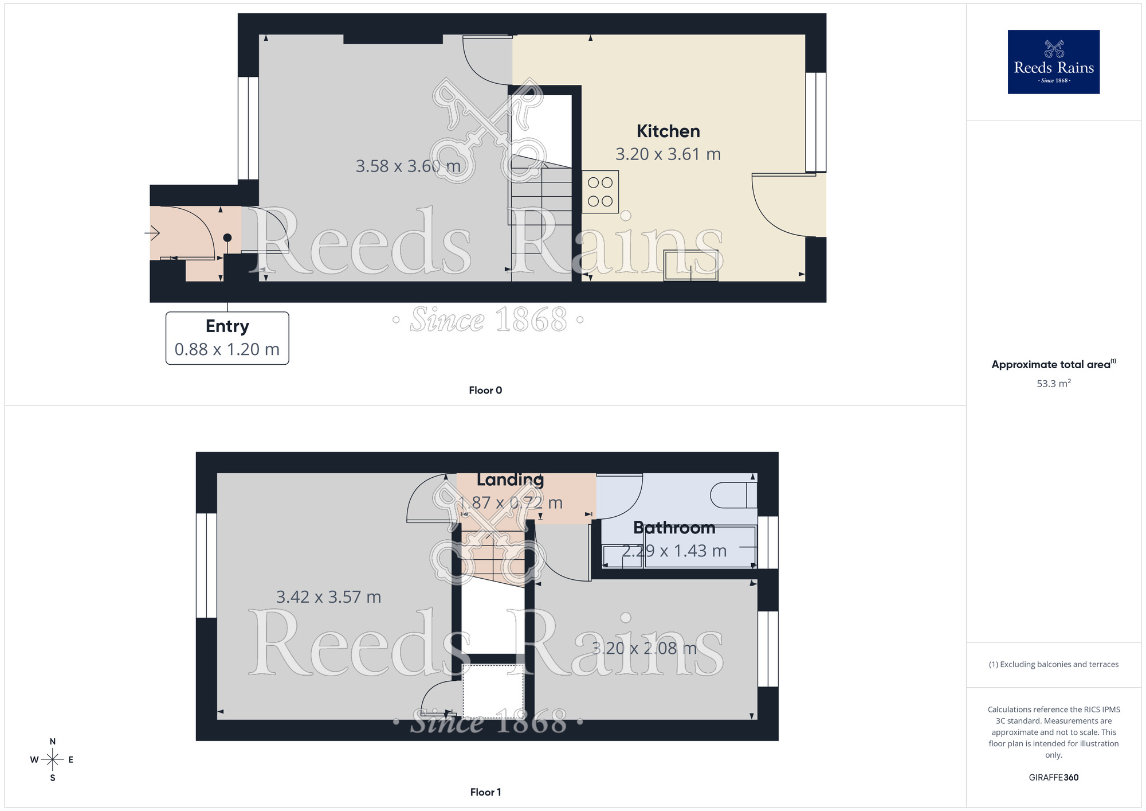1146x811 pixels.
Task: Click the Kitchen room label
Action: tap(668, 131)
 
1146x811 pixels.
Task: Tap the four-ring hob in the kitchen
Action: tap(600, 192)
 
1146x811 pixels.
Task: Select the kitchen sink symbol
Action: tap(690, 265)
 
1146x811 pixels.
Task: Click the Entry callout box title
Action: tap(227, 326)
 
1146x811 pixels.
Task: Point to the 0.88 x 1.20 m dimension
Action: tap(227, 349)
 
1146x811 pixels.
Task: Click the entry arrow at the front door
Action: tap(152, 233)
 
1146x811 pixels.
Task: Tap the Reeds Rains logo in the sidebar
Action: tap(1053, 62)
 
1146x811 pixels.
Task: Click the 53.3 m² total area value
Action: tap(1053, 383)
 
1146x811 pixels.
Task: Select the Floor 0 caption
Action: tap(485, 391)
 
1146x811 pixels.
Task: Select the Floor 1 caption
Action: tap(485, 792)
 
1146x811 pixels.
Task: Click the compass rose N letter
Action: tap(53, 742)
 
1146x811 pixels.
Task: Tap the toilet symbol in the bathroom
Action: tap(733, 496)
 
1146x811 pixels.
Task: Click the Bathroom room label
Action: tap(674, 528)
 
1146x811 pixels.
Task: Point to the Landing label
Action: tap(510, 479)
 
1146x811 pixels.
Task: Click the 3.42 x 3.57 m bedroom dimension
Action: tap(328, 597)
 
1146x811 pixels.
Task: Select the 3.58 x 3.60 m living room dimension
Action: tap(408, 166)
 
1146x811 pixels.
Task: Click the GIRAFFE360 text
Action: tap(1053, 778)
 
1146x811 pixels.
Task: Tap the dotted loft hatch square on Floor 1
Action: tap(493, 691)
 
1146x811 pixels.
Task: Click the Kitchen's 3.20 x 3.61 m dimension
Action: tap(668, 154)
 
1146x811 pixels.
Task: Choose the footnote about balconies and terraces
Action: tap(1053, 664)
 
